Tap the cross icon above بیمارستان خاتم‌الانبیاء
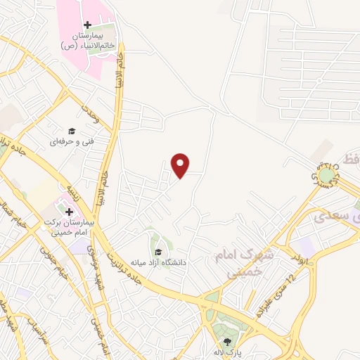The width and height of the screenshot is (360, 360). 87,25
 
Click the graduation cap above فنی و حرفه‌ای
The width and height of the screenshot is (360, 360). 70,131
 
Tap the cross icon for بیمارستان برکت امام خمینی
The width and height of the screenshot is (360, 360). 69,211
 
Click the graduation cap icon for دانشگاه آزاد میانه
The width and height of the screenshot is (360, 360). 158,252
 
